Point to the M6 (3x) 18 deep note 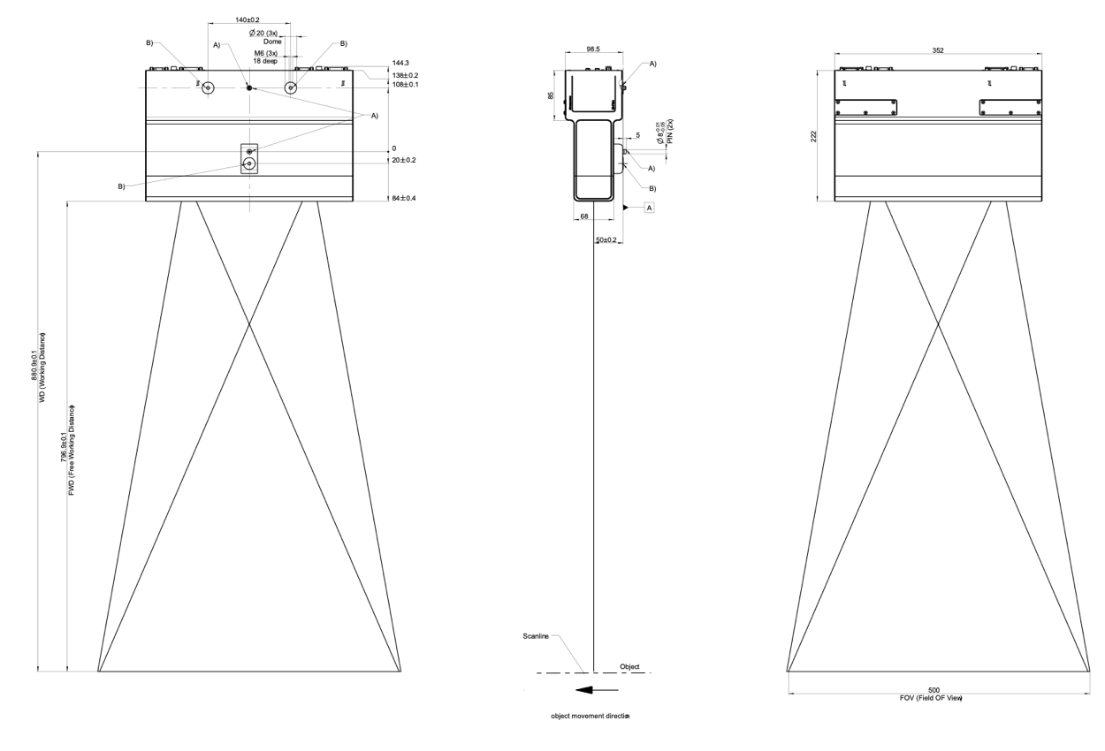(x=266, y=57)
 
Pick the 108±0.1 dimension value (x=406, y=85)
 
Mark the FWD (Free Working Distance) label (x=72, y=451)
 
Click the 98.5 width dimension (x=591, y=50)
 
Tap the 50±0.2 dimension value (x=608, y=240)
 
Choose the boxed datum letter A (x=650, y=208)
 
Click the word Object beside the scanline (x=629, y=667)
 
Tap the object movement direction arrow (x=594, y=689)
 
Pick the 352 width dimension (x=938, y=50)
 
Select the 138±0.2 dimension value (x=406, y=75)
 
